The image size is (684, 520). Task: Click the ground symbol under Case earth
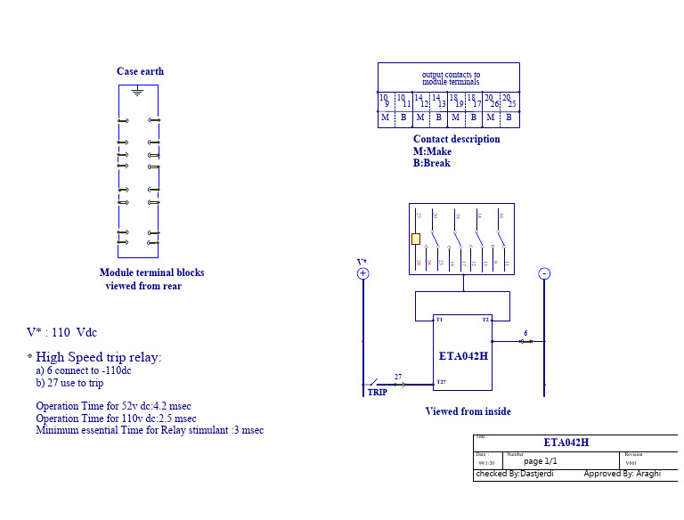137,91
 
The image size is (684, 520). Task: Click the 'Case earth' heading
140,71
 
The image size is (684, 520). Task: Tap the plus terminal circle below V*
362,274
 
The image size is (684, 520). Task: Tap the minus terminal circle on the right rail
544,274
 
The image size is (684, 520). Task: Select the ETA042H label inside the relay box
463,355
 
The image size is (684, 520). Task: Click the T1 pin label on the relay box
439,319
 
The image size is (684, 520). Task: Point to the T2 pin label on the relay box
485,319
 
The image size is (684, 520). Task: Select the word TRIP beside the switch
378,392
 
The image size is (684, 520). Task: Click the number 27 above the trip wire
398,378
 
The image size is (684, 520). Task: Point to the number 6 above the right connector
525,333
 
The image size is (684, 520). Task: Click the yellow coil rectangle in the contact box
416,239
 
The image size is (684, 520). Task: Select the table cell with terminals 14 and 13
438,101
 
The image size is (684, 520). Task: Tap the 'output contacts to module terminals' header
451,78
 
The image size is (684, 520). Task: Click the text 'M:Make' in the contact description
432,151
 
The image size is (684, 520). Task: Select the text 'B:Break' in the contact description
432,163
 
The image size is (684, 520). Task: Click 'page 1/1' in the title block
540,461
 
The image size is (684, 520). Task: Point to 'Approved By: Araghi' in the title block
622,474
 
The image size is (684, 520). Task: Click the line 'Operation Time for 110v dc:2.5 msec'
116,418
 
